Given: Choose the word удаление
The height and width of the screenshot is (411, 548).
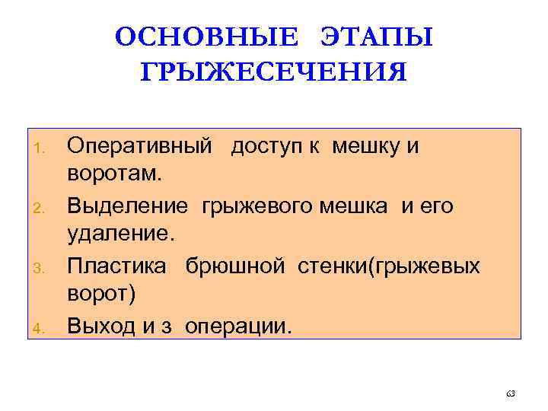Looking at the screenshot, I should [121, 236].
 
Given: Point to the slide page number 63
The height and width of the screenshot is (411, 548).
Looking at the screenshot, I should [510, 393].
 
